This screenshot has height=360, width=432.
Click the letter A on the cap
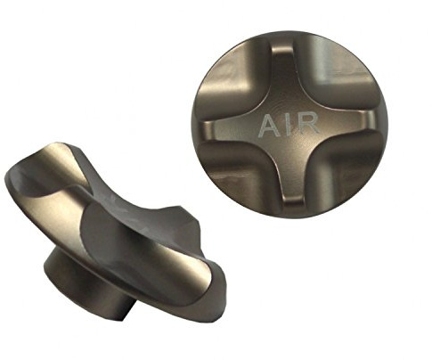coord(270,126)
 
